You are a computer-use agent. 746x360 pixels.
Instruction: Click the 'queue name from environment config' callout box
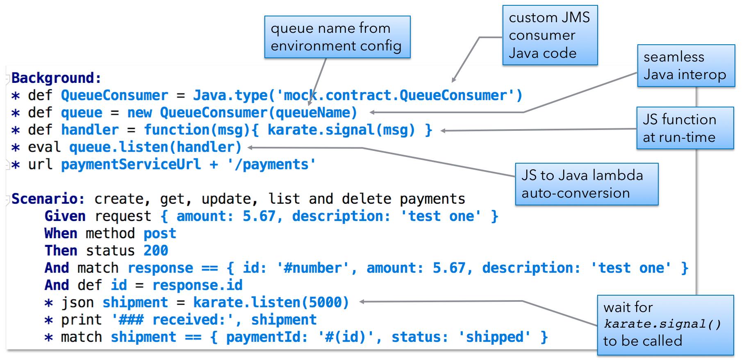[x=337, y=37]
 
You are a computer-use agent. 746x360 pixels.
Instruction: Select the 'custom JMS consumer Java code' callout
[x=550, y=35]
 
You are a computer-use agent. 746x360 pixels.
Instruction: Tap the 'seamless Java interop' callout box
[x=686, y=66]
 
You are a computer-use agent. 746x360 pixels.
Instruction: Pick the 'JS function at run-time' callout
[x=685, y=128]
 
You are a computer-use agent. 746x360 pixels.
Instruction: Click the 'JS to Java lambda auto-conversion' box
[x=587, y=184]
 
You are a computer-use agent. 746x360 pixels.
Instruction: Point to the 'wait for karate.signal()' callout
[x=665, y=325]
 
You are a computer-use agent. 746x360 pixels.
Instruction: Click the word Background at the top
[x=53, y=78]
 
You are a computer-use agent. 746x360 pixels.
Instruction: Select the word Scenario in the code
[x=44, y=199]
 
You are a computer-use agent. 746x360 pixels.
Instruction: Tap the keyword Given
[x=65, y=216]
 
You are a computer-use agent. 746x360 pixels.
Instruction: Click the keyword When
[x=61, y=233]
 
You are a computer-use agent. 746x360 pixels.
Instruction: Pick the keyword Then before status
[x=61, y=251]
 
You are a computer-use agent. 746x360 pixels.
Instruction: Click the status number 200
[x=156, y=251]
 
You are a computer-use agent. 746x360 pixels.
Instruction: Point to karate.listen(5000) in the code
[x=271, y=303]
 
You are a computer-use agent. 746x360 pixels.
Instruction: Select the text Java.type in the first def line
[x=230, y=96]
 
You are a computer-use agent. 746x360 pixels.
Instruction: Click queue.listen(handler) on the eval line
[x=155, y=147]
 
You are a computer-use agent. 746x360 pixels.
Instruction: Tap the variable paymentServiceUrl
[x=131, y=164]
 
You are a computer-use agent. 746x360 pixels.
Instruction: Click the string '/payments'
[x=271, y=164]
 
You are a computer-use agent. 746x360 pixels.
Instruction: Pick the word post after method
[x=160, y=234]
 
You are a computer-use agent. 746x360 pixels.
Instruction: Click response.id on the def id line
[x=198, y=285]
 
